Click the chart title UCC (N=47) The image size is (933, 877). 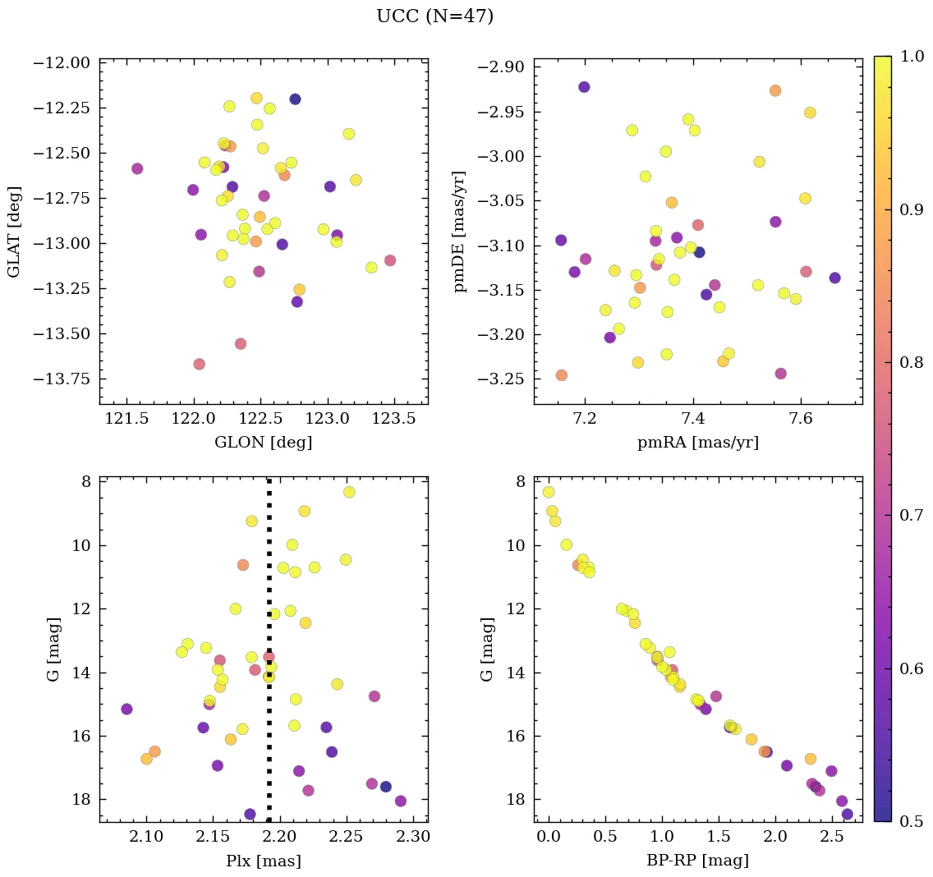434,16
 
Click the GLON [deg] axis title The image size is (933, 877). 263,443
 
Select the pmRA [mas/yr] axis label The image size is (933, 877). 697,443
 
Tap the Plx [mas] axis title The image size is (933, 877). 263,861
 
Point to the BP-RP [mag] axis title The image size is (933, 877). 697,861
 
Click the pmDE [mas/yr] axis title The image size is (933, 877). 460,231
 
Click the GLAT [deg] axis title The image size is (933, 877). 14,231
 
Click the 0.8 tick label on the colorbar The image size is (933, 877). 910,362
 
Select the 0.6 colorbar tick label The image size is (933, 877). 910,668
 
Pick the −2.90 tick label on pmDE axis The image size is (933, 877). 497,67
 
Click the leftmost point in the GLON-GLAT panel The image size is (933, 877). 137,168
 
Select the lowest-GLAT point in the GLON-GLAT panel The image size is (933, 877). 199,364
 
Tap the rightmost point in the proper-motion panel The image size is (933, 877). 834,278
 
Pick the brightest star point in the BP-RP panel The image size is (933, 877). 549,492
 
